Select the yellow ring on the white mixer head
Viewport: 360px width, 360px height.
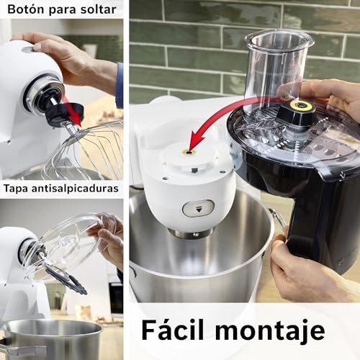(192, 152)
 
